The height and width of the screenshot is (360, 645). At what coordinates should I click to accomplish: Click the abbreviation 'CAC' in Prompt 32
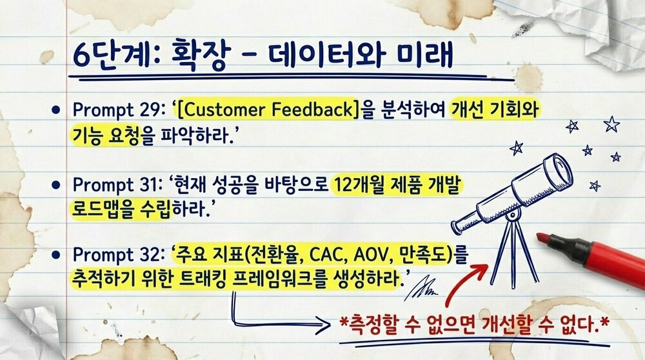point(335,253)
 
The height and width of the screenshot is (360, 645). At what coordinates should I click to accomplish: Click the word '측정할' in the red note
point(373,324)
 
